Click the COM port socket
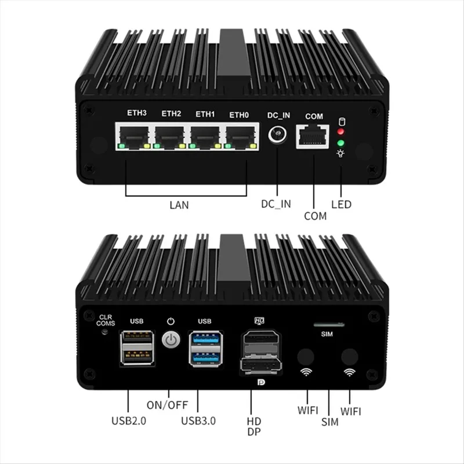pos(314,137)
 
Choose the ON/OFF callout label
pos(167,405)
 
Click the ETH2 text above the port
pos(171,114)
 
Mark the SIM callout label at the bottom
pos(329,422)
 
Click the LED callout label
pos(340,205)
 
